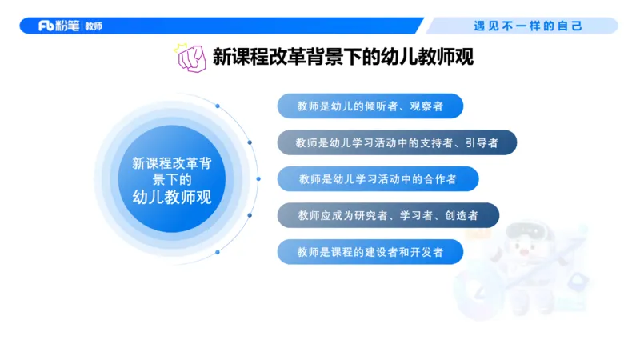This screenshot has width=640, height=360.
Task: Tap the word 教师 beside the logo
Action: tap(92, 26)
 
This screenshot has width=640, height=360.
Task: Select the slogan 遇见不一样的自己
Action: tap(528, 26)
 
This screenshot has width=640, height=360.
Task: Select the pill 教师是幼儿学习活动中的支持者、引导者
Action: tap(397, 142)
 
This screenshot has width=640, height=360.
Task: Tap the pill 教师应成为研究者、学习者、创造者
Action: tap(388, 215)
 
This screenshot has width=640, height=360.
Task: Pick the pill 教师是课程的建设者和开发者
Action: tap(370, 252)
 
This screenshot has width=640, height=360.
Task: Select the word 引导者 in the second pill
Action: tap(482, 142)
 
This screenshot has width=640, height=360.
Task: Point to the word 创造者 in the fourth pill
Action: tap(462, 215)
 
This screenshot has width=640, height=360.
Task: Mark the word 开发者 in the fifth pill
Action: tap(444, 252)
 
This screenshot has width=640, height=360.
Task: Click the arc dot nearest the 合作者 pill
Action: tap(258, 178)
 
